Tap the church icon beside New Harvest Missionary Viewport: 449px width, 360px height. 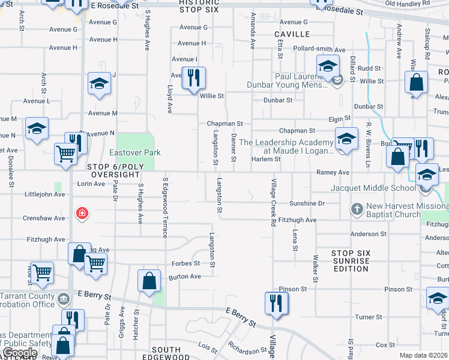(357, 209)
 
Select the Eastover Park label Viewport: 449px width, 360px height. (134, 153)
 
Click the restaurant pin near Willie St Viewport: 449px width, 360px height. (193, 78)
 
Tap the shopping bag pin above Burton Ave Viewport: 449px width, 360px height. (149, 281)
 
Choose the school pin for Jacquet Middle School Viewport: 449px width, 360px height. (427, 175)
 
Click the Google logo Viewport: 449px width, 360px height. (20, 353)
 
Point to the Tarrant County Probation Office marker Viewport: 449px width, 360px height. (64, 296)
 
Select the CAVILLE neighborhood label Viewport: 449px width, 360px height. (292, 35)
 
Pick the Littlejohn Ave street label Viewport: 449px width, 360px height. (43, 194)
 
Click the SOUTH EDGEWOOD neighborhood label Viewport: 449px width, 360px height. (166, 353)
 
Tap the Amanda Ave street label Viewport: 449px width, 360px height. (253, 41)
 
